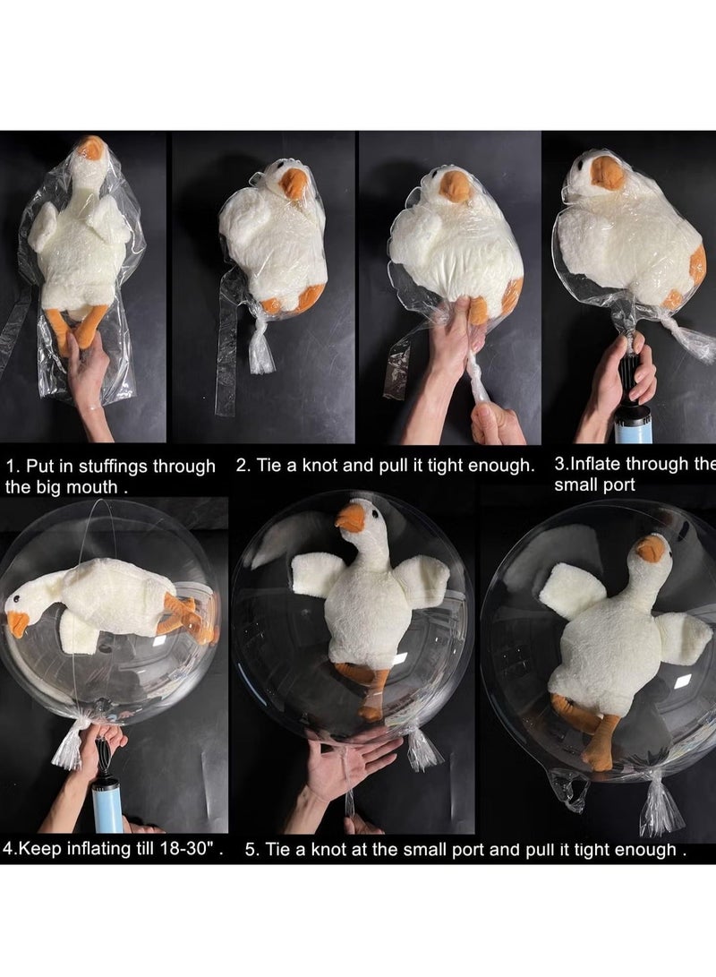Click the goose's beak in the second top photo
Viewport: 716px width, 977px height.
294,184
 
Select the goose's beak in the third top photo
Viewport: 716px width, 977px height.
456,186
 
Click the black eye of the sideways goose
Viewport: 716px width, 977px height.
17,599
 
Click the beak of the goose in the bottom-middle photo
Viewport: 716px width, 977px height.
350,518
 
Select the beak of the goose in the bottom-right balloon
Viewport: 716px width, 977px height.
651,549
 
